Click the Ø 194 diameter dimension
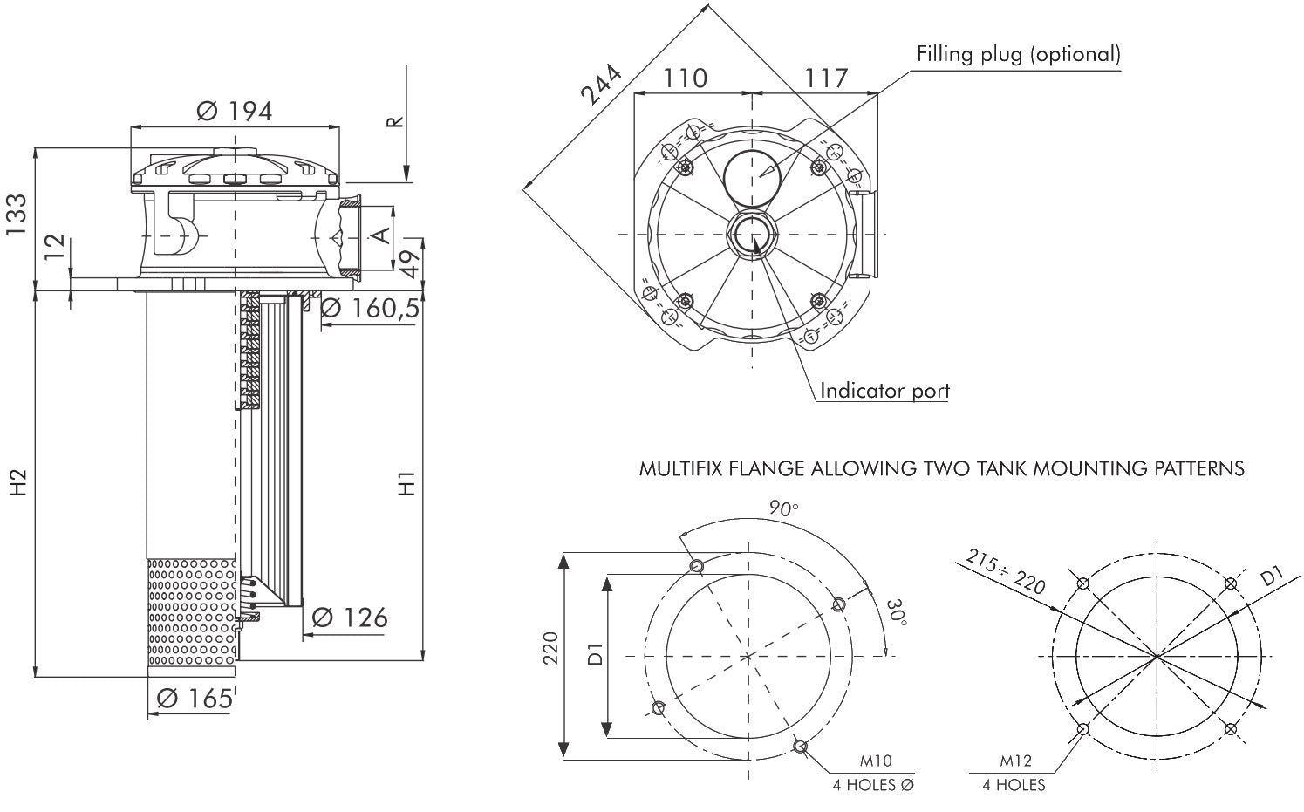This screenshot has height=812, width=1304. [x=235, y=111]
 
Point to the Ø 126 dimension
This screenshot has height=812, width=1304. [x=349, y=618]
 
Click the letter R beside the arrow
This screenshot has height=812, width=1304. [x=394, y=120]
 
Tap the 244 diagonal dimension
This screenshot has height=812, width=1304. [x=601, y=85]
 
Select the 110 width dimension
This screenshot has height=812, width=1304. [x=686, y=78]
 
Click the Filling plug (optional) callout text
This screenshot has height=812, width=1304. [x=1018, y=54]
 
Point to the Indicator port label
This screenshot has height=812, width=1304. [x=884, y=390]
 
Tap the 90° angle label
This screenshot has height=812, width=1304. [x=783, y=508]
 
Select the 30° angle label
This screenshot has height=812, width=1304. [x=897, y=612]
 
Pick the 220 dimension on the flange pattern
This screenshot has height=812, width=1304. [x=550, y=655]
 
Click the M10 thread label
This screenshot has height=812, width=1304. [x=875, y=762]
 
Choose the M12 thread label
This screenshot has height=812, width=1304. [x=1015, y=762]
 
